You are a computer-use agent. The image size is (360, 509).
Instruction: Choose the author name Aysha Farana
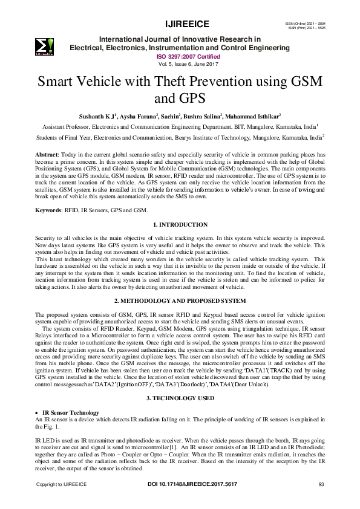click(x=166, y=116)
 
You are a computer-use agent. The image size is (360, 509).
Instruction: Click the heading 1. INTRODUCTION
click(x=180, y=225)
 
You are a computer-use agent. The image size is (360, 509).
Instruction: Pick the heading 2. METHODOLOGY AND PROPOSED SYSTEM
click(x=180, y=300)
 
